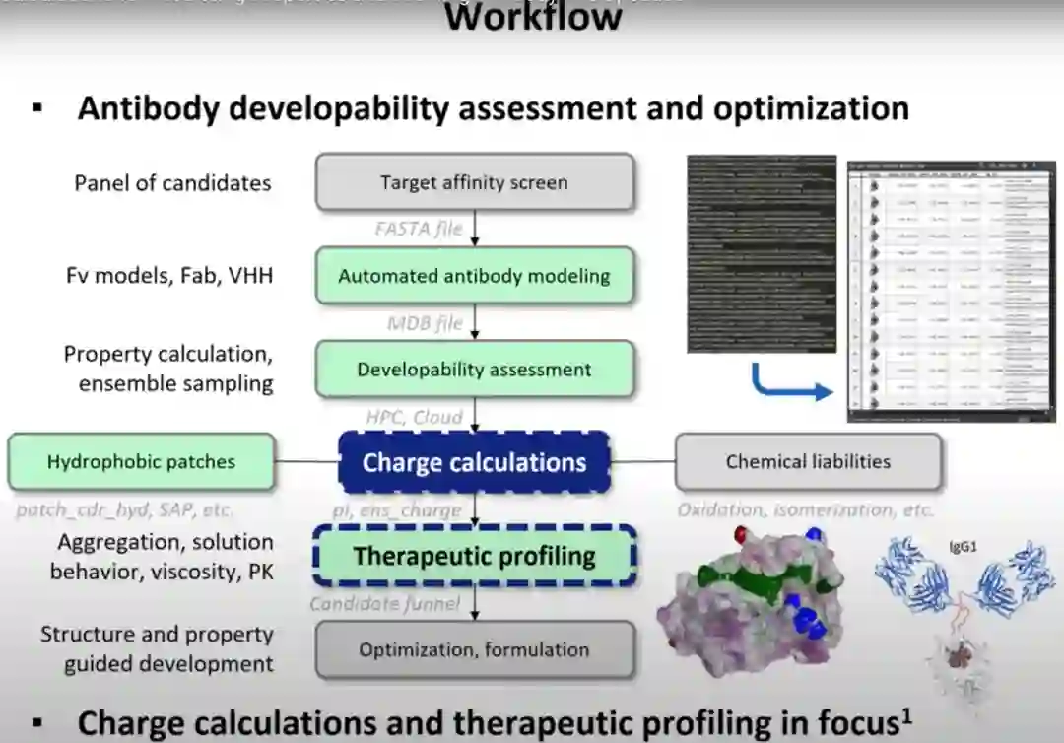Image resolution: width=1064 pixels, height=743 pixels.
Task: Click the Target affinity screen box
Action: pyautogui.click(x=474, y=182)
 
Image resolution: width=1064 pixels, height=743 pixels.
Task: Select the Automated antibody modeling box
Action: pyautogui.click(x=474, y=276)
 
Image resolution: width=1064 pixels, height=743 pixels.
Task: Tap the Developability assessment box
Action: pyautogui.click(x=474, y=370)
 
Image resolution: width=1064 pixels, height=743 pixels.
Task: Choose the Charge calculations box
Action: pyautogui.click(x=474, y=462)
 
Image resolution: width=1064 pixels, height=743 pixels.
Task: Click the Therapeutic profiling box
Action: pyautogui.click(x=474, y=556)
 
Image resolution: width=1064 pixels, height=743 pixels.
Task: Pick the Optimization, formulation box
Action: pyautogui.click(x=474, y=649)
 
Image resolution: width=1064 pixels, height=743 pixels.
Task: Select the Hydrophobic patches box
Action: pyautogui.click(x=141, y=461)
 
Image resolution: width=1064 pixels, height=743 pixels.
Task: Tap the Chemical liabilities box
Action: pyautogui.click(x=808, y=461)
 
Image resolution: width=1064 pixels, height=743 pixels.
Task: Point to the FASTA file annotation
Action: pyautogui.click(x=418, y=229)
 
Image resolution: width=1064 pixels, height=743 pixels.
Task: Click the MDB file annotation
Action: pyautogui.click(x=425, y=322)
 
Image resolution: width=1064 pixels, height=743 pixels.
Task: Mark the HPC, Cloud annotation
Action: pyautogui.click(x=414, y=417)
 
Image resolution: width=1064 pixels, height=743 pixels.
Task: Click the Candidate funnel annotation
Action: pyautogui.click(x=385, y=603)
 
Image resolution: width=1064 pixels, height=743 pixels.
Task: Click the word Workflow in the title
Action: pyautogui.click(x=533, y=17)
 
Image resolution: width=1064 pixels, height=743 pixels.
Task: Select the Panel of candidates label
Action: pyautogui.click(x=172, y=182)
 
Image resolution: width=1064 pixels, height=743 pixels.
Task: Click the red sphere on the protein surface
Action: pyautogui.click(x=741, y=534)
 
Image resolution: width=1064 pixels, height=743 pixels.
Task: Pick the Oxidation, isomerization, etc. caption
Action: pyautogui.click(x=805, y=510)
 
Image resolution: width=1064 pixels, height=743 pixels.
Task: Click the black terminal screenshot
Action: pyautogui.click(x=761, y=253)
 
